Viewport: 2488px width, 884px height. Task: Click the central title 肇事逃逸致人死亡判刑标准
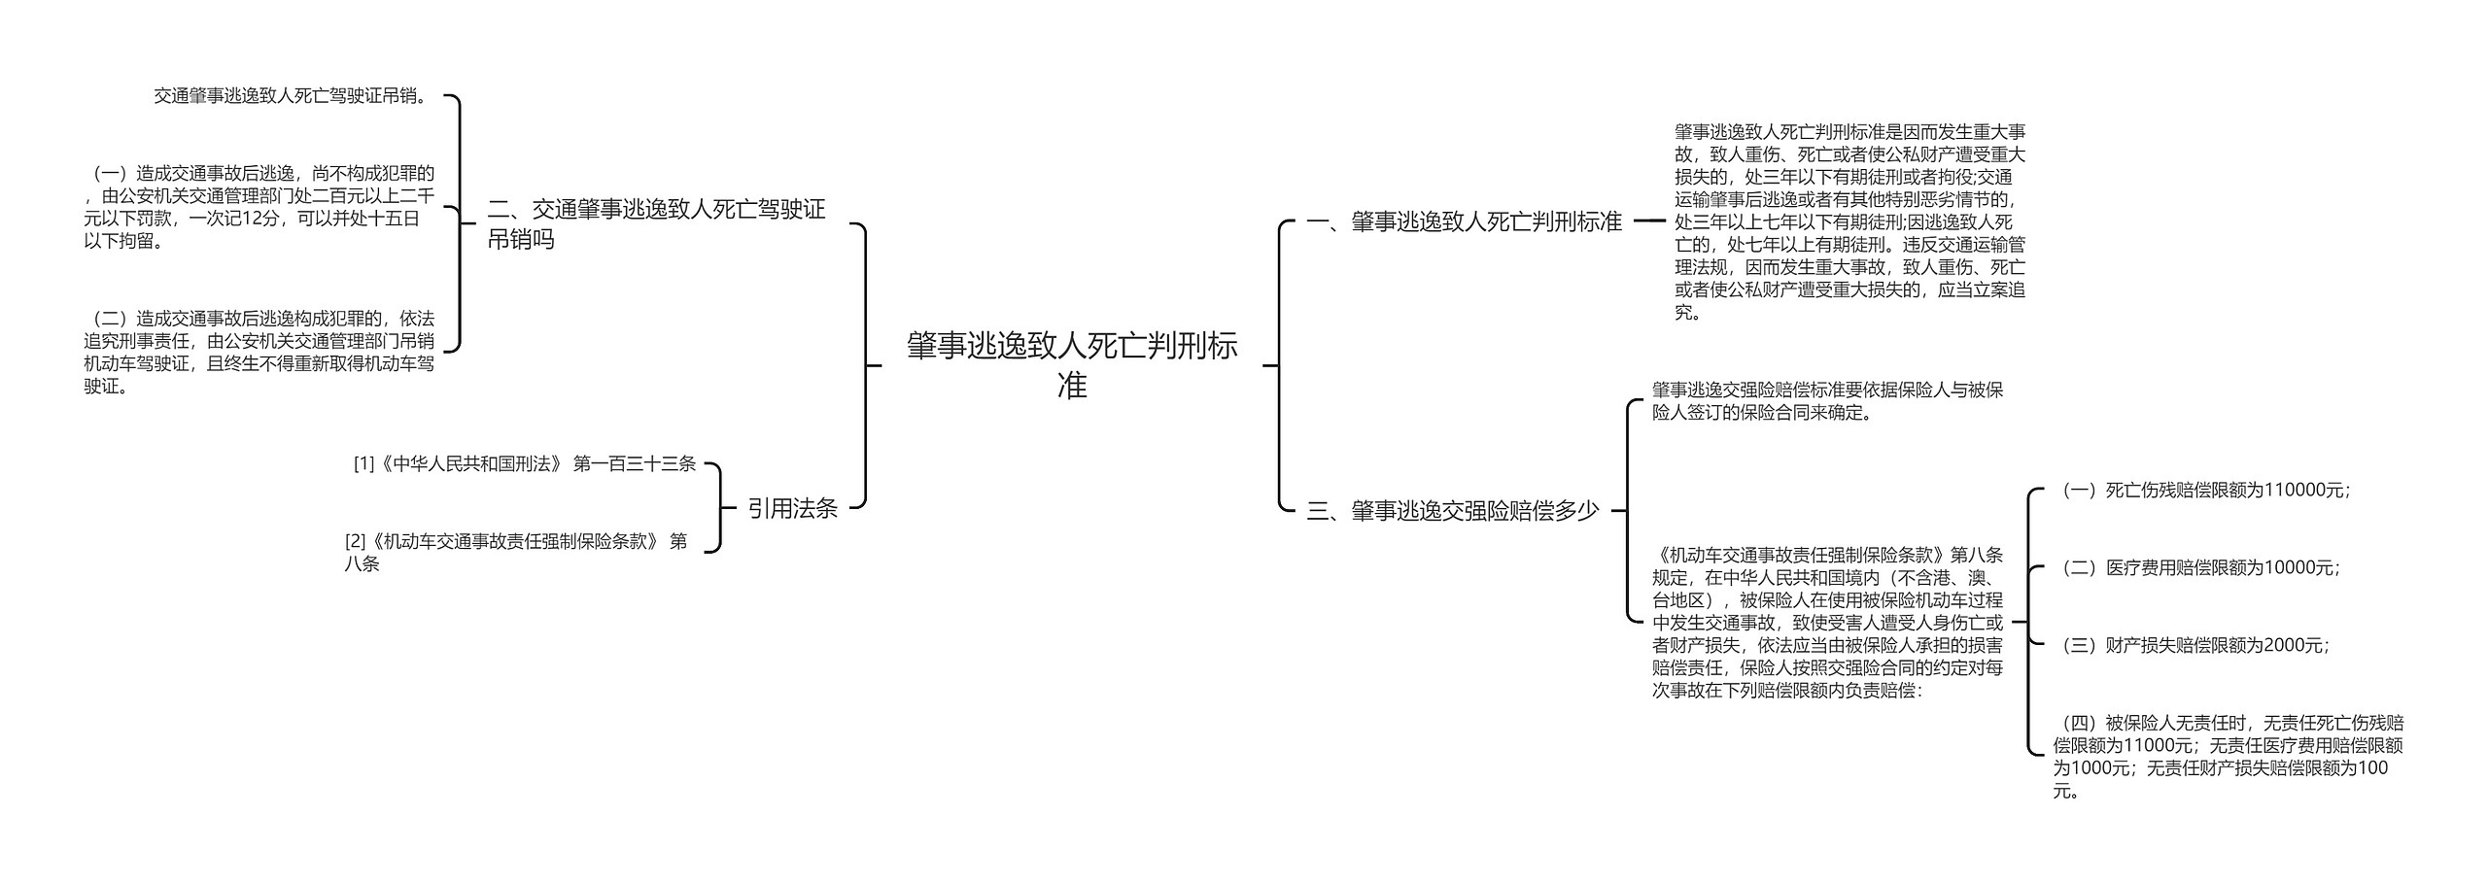[1072, 365]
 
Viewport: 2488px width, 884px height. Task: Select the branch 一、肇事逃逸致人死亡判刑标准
[1464, 222]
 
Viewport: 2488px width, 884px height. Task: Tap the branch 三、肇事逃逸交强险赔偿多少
[1452, 511]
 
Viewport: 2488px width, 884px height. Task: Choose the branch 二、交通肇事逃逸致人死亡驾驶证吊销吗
[656, 224]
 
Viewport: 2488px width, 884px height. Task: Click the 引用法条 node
[792, 508]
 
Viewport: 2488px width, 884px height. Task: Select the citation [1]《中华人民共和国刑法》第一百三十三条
[525, 464]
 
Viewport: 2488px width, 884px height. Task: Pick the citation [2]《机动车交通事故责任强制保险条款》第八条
[516, 552]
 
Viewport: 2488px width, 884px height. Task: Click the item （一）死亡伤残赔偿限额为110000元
[2201, 491]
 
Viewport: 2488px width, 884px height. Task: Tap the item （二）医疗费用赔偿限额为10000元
[2196, 568]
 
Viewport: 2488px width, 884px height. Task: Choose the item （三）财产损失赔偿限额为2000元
[2191, 645]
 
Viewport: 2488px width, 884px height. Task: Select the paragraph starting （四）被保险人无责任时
[2228, 757]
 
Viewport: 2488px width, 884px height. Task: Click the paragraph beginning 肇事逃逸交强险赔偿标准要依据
[1827, 401]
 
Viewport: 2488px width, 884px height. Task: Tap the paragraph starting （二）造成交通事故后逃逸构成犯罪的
[259, 352]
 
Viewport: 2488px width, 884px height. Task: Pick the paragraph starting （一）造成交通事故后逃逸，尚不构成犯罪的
[259, 207]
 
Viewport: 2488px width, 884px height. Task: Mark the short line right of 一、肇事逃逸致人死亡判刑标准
[1649, 221]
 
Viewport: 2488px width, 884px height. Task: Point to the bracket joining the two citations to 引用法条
[720, 508]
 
